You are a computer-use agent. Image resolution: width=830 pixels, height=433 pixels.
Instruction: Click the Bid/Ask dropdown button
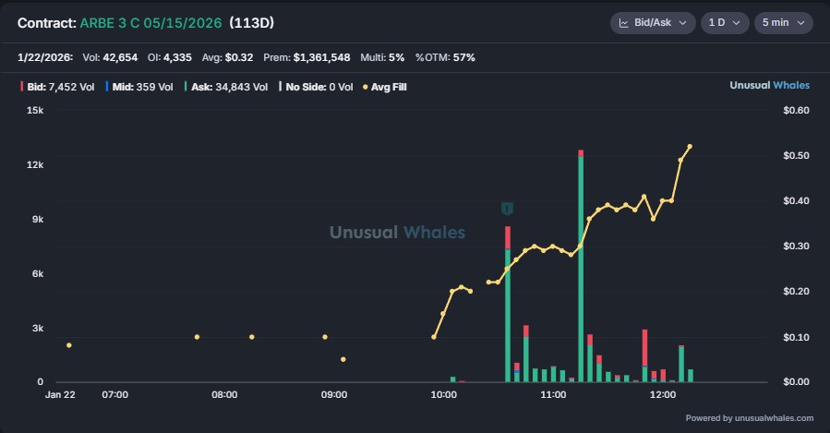(x=652, y=22)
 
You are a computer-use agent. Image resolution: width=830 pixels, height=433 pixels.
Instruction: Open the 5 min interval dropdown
(x=783, y=22)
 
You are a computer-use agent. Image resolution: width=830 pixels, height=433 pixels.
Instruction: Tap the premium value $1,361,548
(x=321, y=57)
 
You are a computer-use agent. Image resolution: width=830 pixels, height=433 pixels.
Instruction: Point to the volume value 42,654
(x=119, y=57)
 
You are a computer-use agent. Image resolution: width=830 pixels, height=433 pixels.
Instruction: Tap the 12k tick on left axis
(x=34, y=164)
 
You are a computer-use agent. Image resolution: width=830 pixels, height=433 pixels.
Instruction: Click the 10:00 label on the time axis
(x=443, y=394)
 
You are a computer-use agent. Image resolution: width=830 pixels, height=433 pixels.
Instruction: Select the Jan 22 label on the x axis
(x=61, y=394)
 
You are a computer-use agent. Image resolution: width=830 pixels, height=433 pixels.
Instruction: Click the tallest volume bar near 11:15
(x=581, y=268)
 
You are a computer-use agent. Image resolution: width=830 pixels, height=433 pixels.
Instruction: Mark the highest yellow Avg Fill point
(x=689, y=147)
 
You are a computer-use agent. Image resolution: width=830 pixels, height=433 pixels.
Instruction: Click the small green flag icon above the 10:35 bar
(x=507, y=209)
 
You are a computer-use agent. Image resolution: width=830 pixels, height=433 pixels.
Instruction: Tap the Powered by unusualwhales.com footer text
(x=749, y=417)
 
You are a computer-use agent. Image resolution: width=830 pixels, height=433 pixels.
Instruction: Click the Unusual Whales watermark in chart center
(x=397, y=233)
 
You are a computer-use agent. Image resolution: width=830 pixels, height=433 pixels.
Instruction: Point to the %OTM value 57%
(x=464, y=57)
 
